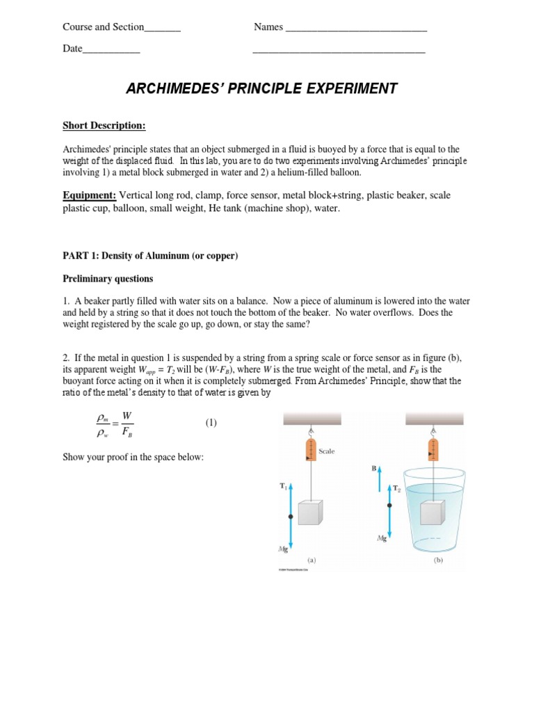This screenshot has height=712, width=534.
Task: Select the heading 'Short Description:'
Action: pos(104,125)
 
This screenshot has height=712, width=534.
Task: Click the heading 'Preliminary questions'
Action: pos(108,279)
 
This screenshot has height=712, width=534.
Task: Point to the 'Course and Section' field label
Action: pos(103,27)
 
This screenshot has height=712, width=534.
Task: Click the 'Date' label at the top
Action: pos(72,49)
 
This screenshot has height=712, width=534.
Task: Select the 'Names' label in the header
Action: pos(268,27)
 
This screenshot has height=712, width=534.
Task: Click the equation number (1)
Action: pos(211,423)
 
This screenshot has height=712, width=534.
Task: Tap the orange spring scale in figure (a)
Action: pos(311,450)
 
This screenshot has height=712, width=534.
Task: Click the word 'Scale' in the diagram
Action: pos(327,451)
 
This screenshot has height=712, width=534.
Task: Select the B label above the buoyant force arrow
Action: pos(374,469)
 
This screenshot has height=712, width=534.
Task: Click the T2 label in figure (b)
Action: pos(398,489)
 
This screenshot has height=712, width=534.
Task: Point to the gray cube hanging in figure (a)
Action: pos(311,512)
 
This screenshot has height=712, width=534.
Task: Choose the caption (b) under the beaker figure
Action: pos(439,558)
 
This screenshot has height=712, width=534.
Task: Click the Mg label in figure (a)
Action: pos(284,549)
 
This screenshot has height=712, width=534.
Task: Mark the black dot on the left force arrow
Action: pos(290,517)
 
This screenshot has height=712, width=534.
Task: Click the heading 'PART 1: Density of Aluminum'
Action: pos(150,256)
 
